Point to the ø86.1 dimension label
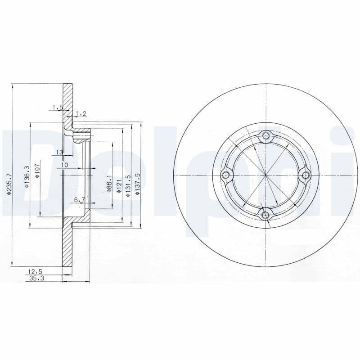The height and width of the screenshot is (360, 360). click(108, 184)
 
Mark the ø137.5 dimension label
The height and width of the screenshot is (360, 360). click(139, 183)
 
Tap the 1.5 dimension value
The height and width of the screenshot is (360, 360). click(57, 107)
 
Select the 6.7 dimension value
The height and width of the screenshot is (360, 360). click(80, 199)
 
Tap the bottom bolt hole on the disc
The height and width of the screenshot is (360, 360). click(266, 215)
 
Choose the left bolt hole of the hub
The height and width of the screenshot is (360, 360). click(226, 175)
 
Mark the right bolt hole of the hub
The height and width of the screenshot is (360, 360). click(306, 175)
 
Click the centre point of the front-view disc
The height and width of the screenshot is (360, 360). click(266, 175)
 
